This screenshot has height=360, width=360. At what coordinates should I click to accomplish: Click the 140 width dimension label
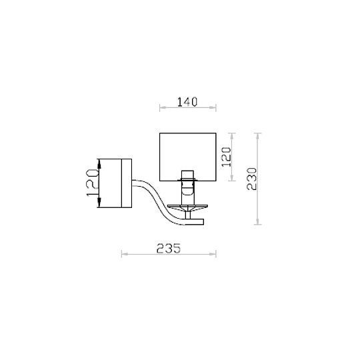(187, 102)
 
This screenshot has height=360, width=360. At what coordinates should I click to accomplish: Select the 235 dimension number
(169, 248)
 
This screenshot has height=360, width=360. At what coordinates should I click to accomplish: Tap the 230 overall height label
(251, 179)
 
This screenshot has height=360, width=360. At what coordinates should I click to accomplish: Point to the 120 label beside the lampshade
(226, 157)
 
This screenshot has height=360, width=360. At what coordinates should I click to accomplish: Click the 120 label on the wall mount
(93, 183)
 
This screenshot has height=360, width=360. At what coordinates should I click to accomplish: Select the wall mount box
(115, 183)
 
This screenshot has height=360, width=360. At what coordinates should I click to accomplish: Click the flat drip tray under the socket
(187, 207)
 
